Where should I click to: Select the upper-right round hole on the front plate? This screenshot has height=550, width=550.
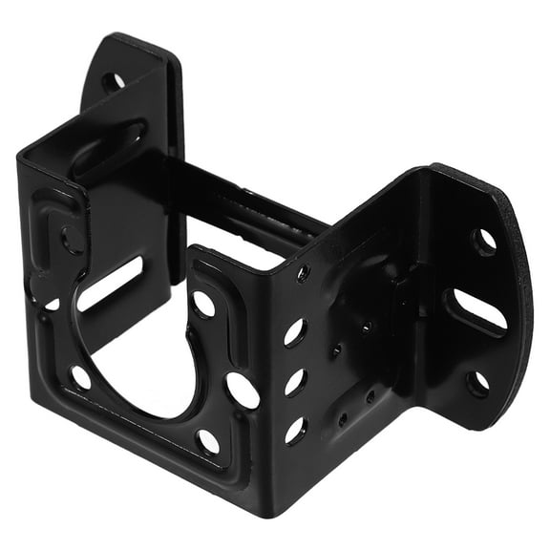click(x=203, y=304)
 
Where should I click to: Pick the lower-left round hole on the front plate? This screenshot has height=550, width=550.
click(x=81, y=378)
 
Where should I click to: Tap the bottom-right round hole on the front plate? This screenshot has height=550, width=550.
click(x=207, y=441)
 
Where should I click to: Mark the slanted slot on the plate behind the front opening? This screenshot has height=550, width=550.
click(x=111, y=284)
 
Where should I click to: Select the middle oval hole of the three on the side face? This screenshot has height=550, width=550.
click(x=294, y=382)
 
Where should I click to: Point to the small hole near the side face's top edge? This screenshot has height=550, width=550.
click(x=303, y=274)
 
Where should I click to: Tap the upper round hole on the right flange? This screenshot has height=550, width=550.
click(x=485, y=240)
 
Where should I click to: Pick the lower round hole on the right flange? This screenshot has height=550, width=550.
click(x=476, y=384)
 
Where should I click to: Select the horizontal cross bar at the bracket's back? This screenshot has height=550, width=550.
click(x=253, y=205)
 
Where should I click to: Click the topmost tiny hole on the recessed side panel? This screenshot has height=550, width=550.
click(x=366, y=328)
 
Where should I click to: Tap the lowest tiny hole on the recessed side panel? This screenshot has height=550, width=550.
click(x=343, y=417)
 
